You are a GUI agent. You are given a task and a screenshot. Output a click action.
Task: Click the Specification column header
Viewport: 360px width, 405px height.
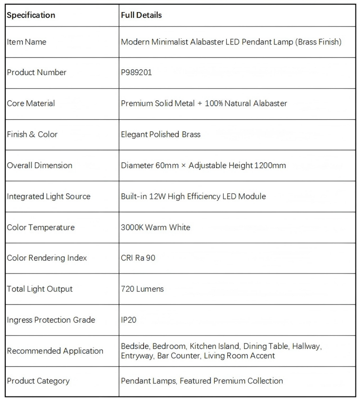tap(31, 15)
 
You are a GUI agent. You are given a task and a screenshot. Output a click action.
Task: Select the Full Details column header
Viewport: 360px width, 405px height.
tap(141, 15)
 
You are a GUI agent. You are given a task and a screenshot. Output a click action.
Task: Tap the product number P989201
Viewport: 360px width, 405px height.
tap(136, 72)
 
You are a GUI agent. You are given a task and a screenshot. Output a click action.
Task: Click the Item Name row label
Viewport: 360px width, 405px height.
tap(27, 42)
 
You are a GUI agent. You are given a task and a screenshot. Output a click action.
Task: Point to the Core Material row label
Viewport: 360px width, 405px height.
tap(31, 103)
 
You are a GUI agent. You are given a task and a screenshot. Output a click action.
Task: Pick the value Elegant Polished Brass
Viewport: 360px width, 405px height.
tap(161, 134)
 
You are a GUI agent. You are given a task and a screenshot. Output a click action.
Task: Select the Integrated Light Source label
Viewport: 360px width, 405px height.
tap(49, 196)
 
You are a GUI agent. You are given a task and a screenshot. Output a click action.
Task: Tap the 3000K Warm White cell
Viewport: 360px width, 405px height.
tap(155, 227)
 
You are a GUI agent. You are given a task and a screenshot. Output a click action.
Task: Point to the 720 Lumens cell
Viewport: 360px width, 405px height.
tap(142, 289)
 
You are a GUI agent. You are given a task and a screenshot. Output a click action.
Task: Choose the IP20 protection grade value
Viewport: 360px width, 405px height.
tap(129, 320)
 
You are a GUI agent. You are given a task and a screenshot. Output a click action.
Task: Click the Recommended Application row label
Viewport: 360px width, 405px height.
tap(55, 351)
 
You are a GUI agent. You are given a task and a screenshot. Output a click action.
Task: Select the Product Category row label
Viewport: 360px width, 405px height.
tap(38, 381)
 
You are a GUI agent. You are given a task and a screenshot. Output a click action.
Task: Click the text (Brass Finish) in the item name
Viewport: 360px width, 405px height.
tap(319, 42)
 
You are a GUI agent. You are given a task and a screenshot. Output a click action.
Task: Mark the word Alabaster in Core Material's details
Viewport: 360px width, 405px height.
tap(268, 103)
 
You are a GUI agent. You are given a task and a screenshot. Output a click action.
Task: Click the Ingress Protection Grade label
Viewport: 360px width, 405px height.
tap(51, 320)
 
